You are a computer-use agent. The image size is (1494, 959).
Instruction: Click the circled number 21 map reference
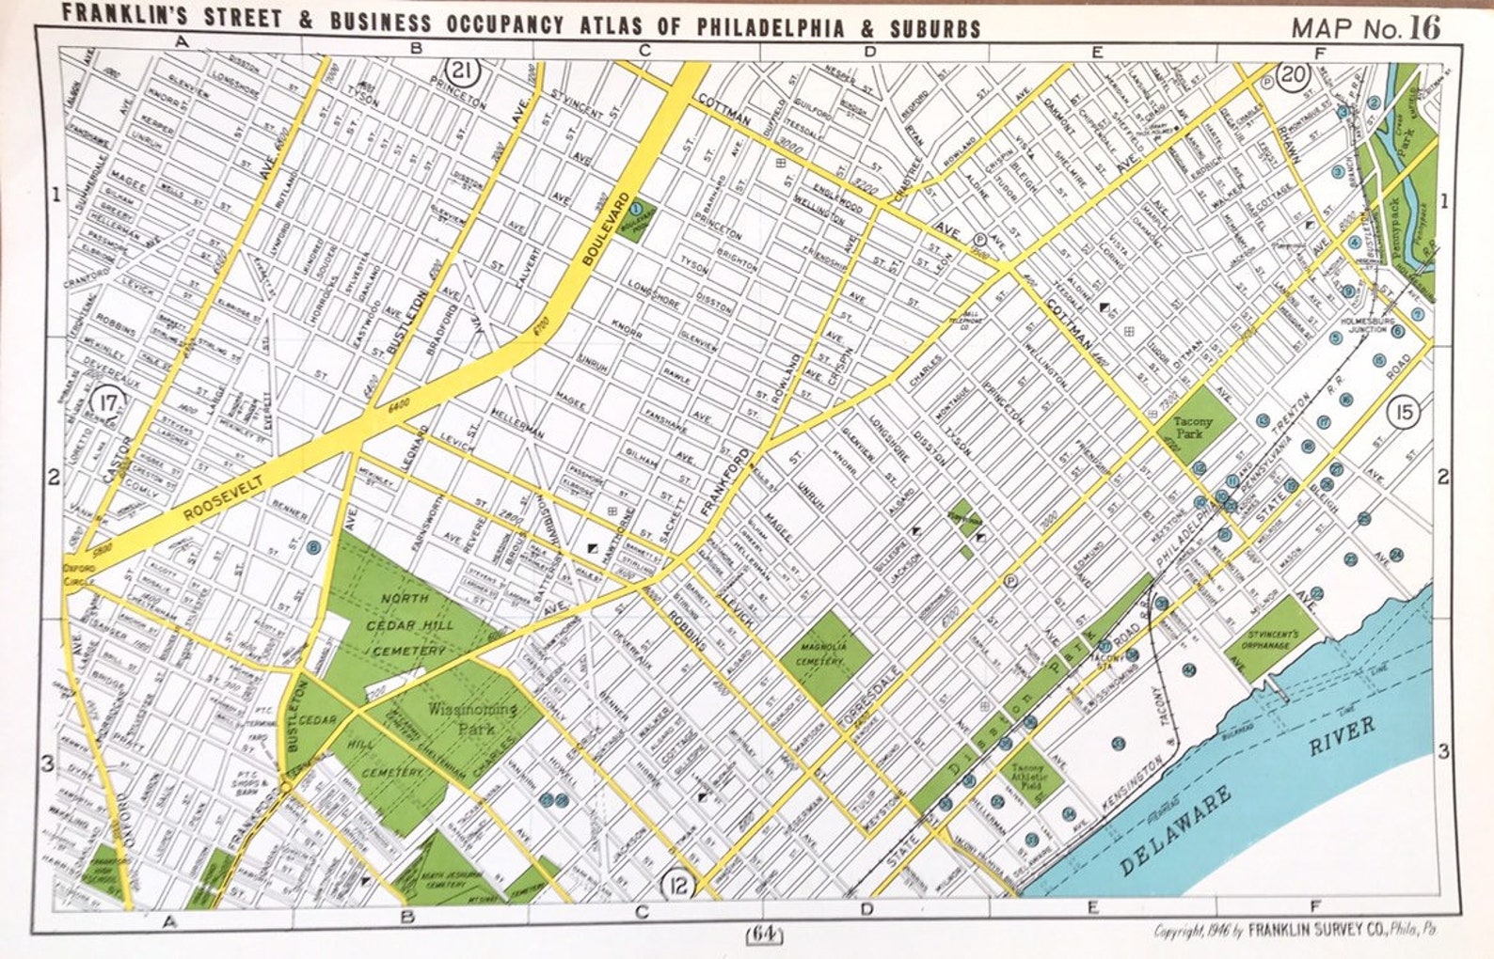[x=461, y=71]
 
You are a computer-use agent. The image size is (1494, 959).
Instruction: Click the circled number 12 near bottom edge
[x=677, y=884]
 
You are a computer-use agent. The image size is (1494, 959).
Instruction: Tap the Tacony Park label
[x=1192, y=428]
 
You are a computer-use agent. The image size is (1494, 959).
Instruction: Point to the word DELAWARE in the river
[x=1176, y=830]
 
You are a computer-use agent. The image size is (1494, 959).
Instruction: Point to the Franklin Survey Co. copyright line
[x=1296, y=931]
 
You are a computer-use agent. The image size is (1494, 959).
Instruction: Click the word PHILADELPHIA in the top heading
[x=770, y=26]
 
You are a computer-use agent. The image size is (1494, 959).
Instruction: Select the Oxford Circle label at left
[x=79, y=574]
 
